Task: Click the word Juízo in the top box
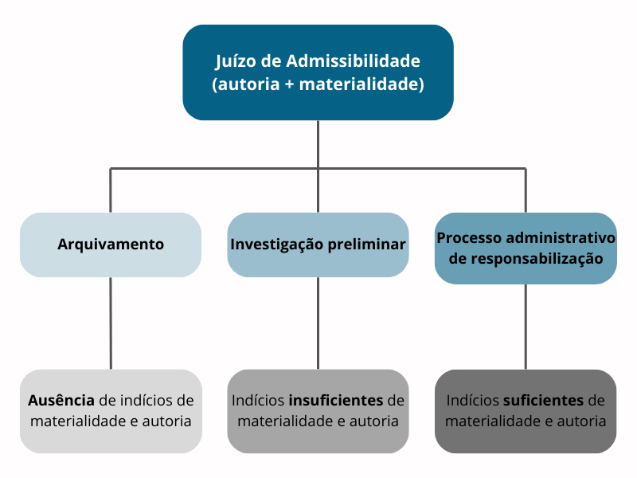click(235, 61)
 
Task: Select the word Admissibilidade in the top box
click(353, 61)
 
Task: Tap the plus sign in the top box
click(289, 84)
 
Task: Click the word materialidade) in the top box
click(361, 84)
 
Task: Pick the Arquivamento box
click(111, 245)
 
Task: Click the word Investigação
click(276, 245)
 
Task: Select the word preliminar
click(366, 245)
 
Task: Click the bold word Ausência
click(61, 401)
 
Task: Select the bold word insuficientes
click(336, 401)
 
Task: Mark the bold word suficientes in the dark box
click(543, 401)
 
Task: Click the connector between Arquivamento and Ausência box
click(111, 323)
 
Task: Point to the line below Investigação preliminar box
click(318, 323)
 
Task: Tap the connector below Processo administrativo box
click(526, 327)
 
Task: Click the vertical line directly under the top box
click(318, 144)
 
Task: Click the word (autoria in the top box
click(246, 84)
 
